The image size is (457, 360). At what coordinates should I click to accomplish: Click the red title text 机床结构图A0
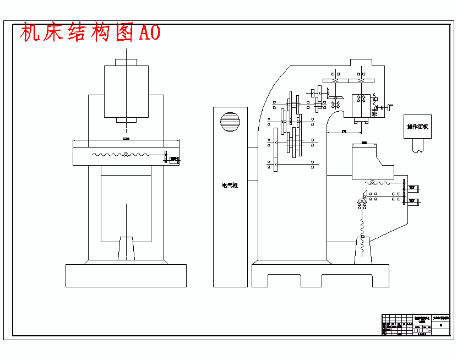(x=90, y=33)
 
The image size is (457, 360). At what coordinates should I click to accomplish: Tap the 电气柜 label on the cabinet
(x=230, y=186)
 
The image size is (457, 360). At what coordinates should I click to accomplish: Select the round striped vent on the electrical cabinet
(x=230, y=122)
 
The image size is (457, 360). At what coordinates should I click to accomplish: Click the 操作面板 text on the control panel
(x=417, y=127)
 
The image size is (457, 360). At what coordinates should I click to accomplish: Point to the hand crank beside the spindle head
(x=391, y=107)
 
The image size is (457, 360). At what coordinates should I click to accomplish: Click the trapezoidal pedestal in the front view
(x=127, y=248)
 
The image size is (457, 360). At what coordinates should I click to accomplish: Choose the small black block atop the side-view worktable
(x=363, y=143)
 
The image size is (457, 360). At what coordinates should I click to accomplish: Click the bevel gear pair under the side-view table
(x=364, y=196)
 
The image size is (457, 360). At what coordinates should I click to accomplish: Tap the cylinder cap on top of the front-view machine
(x=126, y=62)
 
